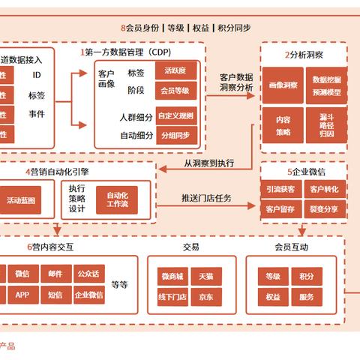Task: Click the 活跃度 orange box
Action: coord(177,70)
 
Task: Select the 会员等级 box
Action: coord(177,91)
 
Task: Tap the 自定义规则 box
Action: coord(177,115)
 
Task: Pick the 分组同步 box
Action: coord(177,136)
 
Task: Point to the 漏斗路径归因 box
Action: coord(325,124)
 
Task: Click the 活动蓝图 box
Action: coord(19,200)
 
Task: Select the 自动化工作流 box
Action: coord(117,199)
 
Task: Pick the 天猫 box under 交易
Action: coord(206,277)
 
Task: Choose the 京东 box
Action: coord(206,296)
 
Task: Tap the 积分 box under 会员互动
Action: coord(306,277)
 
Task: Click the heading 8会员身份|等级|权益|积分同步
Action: coord(185,28)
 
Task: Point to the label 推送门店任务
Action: coord(206,199)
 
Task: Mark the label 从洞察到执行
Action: coord(208,162)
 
